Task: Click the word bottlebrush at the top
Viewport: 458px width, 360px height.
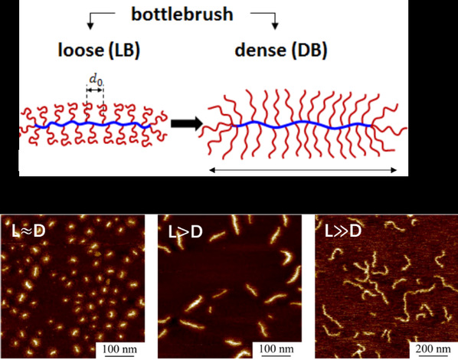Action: point(182,15)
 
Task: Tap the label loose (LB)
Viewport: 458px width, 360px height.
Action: point(99,50)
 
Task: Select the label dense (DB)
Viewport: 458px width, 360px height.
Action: point(281,50)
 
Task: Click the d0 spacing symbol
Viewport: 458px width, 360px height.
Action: point(96,80)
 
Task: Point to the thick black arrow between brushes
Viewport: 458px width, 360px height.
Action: point(187,123)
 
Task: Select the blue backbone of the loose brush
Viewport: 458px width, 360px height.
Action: point(93,124)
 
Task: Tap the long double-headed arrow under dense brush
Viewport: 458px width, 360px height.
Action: point(303,170)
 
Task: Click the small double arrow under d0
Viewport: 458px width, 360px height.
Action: point(95,90)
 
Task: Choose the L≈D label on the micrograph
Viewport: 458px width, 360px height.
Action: point(28,231)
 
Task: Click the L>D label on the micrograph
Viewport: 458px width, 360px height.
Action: point(185,232)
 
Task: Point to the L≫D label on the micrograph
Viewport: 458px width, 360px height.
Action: point(343,231)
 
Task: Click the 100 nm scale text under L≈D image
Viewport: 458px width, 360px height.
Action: point(119,349)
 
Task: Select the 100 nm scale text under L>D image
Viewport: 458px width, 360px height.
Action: point(276,349)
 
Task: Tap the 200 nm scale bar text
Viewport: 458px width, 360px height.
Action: point(433,349)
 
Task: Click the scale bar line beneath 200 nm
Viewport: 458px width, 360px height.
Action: point(433,356)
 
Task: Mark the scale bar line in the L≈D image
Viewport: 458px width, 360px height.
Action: point(119,356)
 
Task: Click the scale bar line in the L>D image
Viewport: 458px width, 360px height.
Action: point(276,356)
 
